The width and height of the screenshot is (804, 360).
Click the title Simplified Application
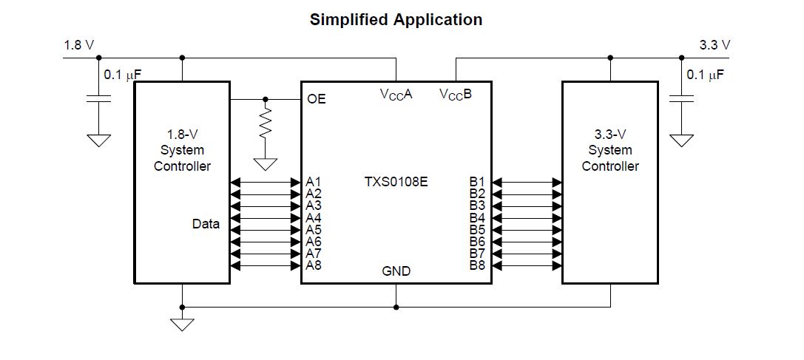[396, 20]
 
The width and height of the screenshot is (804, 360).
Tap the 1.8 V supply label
[79, 45]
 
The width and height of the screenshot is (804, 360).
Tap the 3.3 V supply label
[715, 45]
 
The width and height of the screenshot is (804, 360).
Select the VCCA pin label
[396, 95]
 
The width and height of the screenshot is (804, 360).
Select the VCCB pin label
[455, 95]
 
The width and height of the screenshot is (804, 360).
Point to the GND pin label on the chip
[396, 271]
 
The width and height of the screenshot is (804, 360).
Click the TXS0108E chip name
[396, 181]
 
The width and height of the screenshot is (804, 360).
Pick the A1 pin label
[314, 181]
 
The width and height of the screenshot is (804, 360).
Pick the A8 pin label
[314, 265]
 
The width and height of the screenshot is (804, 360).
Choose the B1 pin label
[477, 181]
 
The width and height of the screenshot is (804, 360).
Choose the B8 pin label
[477, 265]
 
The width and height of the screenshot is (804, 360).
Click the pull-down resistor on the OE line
[266, 122]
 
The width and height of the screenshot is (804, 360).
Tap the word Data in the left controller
[206, 223]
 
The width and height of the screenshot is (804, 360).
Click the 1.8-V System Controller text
[182, 150]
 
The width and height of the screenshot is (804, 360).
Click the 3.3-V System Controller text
[609, 150]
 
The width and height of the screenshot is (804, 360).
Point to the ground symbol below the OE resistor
[266, 164]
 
